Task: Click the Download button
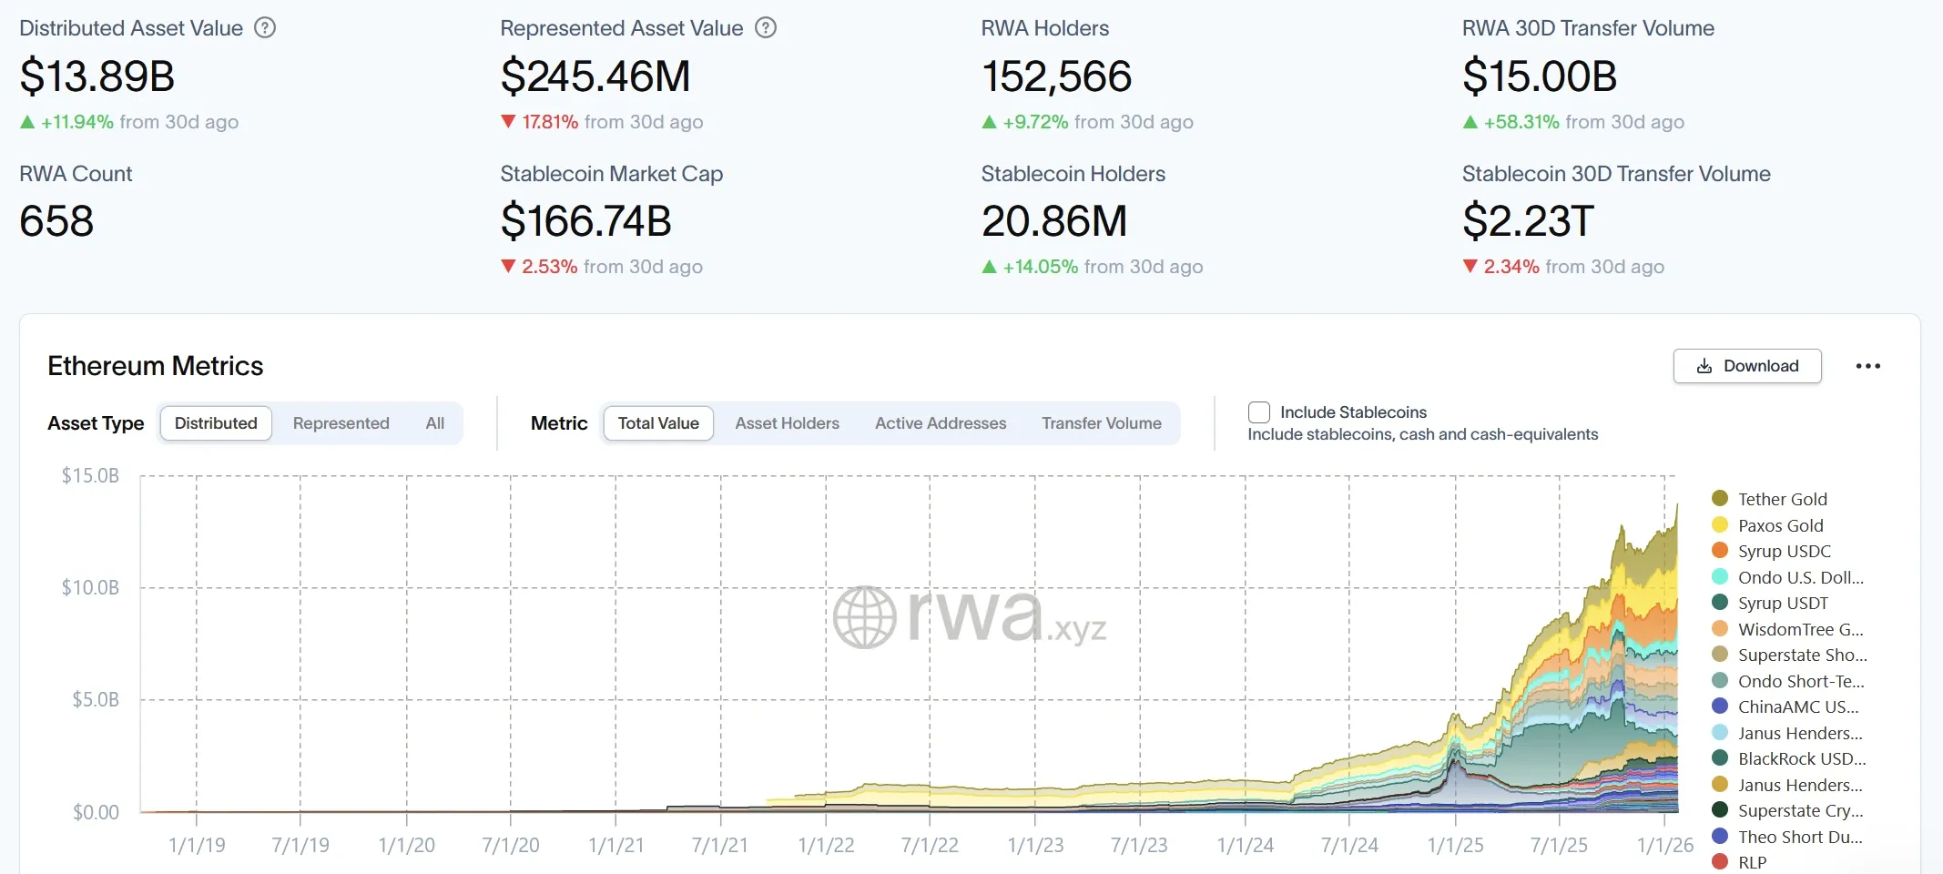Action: [x=1746, y=366]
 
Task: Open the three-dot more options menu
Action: [x=1867, y=366]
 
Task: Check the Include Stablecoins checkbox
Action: [x=1259, y=412]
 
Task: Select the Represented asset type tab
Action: [x=341, y=423]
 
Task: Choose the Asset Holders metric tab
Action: [x=787, y=423]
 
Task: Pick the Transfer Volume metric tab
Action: [x=1101, y=423]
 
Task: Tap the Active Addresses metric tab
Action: [x=941, y=423]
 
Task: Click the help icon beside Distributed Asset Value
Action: [x=265, y=28]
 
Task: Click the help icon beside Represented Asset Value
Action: [x=767, y=28]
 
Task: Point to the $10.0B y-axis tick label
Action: [x=90, y=588]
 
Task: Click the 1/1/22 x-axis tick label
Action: [x=826, y=845]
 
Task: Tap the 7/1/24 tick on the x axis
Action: [x=1349, y=845]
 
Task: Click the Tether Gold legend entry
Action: [x=1781, y=499]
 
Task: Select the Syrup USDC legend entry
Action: [x=1783, y=551]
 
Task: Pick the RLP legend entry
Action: [x=1751, y=862]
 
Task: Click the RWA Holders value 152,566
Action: [x=1056, y=76]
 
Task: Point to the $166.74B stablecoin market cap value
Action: [x=585, y=221]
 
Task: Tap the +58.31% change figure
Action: [x=1521, y=122]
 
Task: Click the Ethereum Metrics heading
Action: [x=155, y=366]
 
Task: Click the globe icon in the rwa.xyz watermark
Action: [x=864, y=617]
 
